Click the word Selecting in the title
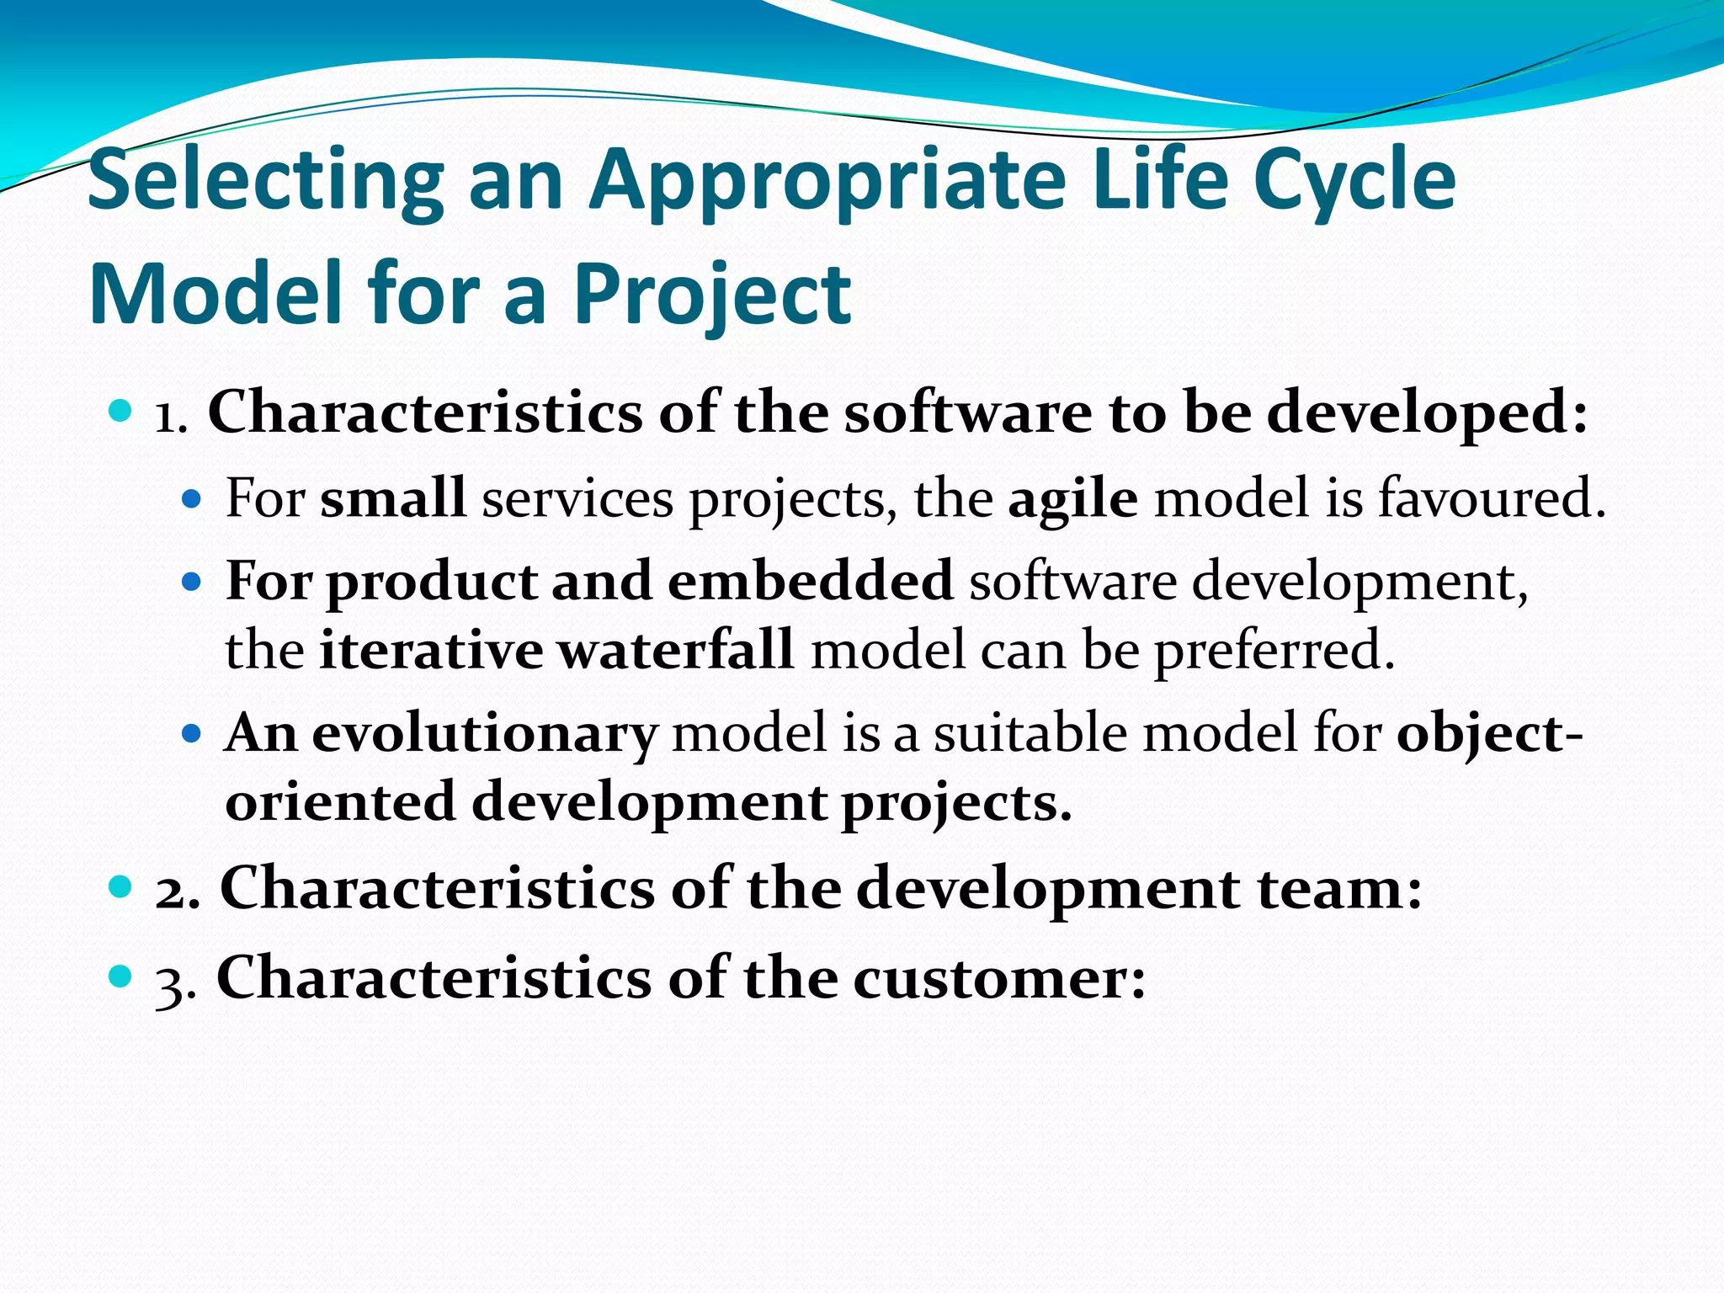(265, 181)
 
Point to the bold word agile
(1072, 498)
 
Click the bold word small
(393, 498)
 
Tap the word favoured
(1491, 498)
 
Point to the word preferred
(1274, 651)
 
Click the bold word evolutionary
(483, 734)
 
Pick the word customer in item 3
(998, 979)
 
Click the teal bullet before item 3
(121, 976)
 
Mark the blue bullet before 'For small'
(193, 499)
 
